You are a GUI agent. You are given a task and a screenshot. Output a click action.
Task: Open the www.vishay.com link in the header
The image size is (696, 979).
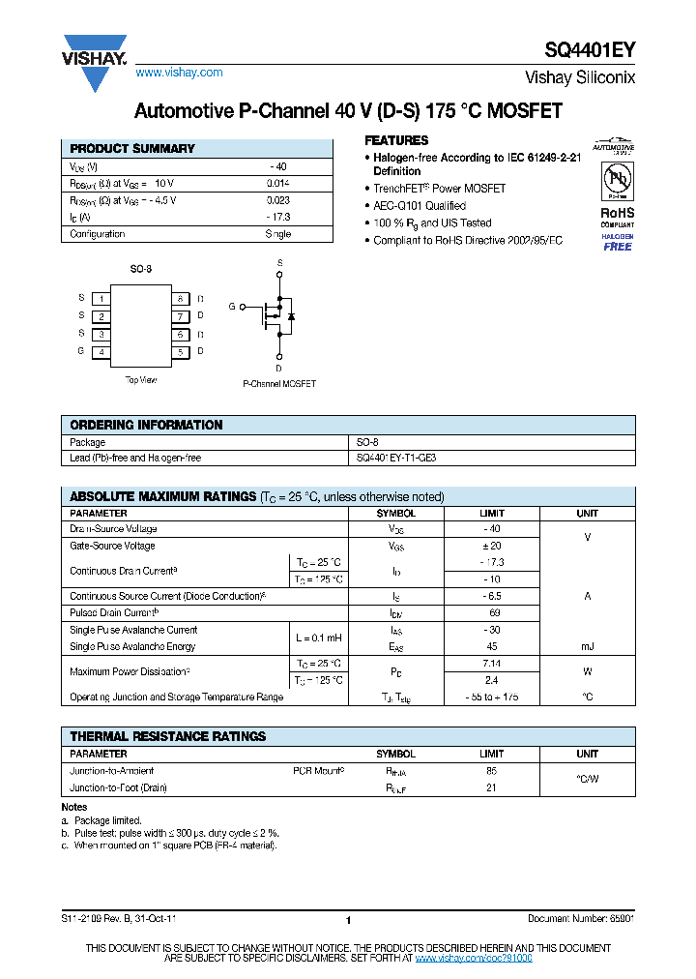point(179,73)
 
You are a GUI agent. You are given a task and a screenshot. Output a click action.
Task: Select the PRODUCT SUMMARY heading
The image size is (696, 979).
point(132,149)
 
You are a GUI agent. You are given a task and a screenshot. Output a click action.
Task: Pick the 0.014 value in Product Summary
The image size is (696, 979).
point(277,183)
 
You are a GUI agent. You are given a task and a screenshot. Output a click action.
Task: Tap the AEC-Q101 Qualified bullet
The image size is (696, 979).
point(420,206)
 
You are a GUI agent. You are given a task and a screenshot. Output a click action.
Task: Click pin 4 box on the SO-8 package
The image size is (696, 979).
point(101,352)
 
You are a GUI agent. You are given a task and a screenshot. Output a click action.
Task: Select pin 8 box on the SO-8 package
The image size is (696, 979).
point(180,299)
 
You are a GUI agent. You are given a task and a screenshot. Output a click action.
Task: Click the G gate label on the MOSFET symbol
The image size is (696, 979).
point(232,307)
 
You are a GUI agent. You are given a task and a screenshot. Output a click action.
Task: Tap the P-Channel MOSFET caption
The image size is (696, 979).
point(279,384)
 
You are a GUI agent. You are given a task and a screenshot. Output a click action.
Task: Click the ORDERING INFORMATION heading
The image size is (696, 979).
point(146,425)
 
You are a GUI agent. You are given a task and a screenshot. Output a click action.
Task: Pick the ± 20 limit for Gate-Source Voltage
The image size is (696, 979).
point(492,547)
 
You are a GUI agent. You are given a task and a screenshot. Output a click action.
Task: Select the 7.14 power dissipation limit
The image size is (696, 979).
point(492,664)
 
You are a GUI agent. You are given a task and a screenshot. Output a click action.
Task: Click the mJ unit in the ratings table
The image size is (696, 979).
point(587,646)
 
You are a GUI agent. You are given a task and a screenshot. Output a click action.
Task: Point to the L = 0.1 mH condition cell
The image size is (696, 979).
point(317,638)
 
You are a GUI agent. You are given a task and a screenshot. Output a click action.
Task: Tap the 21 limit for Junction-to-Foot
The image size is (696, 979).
point(491,788)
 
